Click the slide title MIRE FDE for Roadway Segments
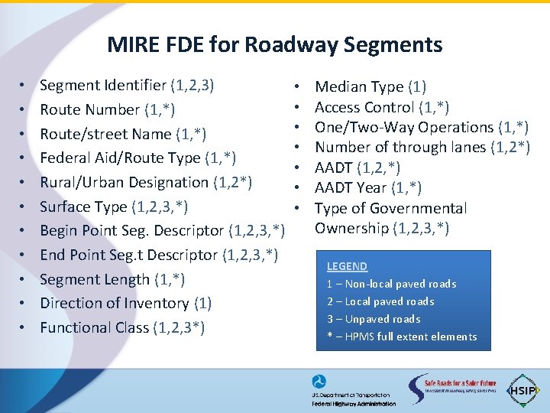tap(274, 44)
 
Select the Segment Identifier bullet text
tap(126, 86)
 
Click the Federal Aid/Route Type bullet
tap(137, 158)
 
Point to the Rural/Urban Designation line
tap(145, 182)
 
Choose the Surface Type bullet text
tap(114, 206)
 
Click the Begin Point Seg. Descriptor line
tap(163, 230)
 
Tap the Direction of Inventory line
tap(125, 303)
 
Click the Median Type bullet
tap(370, 87)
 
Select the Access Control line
tap(381, 107)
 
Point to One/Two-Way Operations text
tap(422, 127)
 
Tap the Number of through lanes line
tap(422, 147)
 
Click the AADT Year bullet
tap(368, 187)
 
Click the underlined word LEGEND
tap(347, 266)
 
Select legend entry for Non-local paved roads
tap(391, 284)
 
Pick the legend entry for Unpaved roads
tap(374, 319)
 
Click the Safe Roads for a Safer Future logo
tap(451, 389)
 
